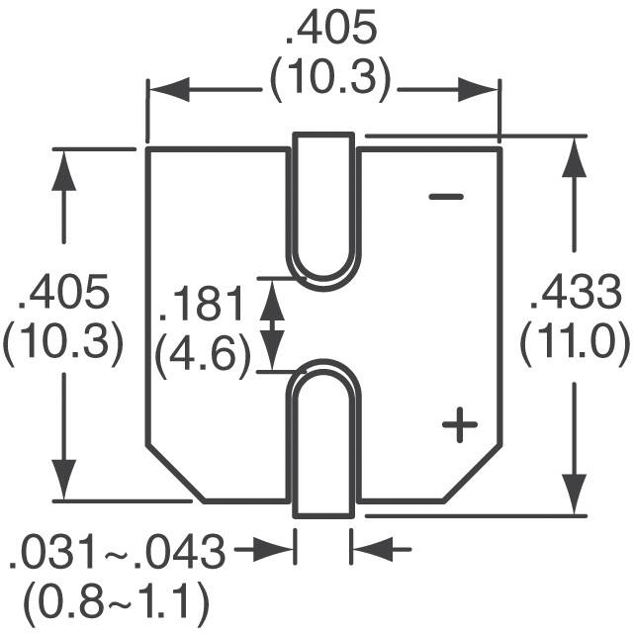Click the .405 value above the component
coord(330,30)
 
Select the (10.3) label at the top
coord(330,79)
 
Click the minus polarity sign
coord(446,197)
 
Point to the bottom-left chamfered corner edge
coord(174,473)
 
